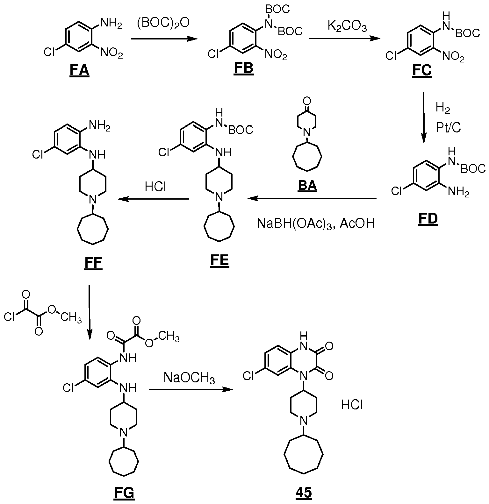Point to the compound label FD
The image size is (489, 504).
428,219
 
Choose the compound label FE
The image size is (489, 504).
220,261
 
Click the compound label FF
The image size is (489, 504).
93,263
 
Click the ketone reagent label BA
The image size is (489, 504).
307,185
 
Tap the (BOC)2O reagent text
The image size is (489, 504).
163,23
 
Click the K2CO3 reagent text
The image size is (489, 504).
347,26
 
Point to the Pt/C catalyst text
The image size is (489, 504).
449,128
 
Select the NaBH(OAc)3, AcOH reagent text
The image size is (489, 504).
316,224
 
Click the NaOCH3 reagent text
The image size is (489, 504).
189,378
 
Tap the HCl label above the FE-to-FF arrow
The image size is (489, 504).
156,187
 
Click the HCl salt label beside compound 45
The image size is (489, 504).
352,405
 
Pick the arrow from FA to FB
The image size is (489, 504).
164,39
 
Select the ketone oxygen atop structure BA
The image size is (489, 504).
307,102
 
